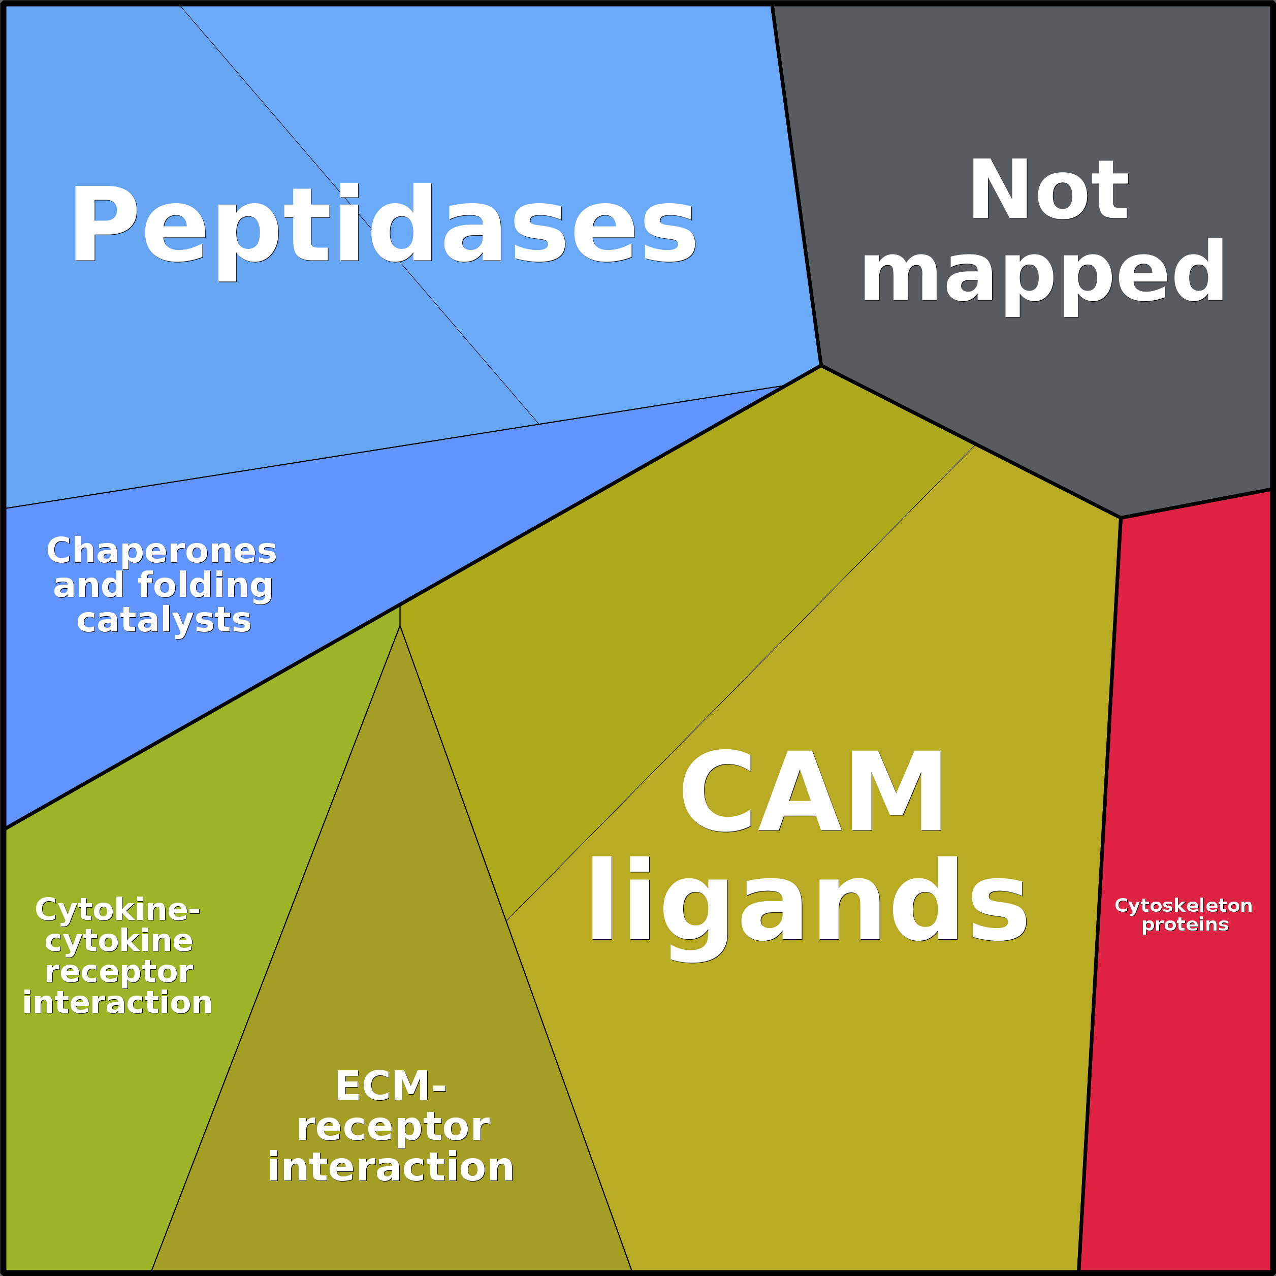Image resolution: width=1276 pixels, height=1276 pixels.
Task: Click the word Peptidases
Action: tap(383, 225)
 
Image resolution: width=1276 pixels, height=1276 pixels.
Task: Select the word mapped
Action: tap(1042, 272)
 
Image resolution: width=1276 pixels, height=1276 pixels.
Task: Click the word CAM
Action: tap(812, 791)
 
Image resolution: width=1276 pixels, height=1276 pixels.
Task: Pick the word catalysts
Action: tap(164, 620)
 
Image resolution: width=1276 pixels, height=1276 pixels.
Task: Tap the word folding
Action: tap(205, 585)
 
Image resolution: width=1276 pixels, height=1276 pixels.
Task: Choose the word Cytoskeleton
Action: tap(1183, 906)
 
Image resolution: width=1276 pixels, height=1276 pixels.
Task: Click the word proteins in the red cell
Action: tap(1185, 924)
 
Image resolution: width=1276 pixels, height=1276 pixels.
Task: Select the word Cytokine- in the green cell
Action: tap(117, 909)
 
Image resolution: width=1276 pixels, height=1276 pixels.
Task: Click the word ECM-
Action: tap(390, 1087)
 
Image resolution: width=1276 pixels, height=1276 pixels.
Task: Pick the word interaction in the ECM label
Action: tap(390, 1167)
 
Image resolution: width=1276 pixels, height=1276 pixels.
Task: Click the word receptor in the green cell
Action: tap(119, 972)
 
